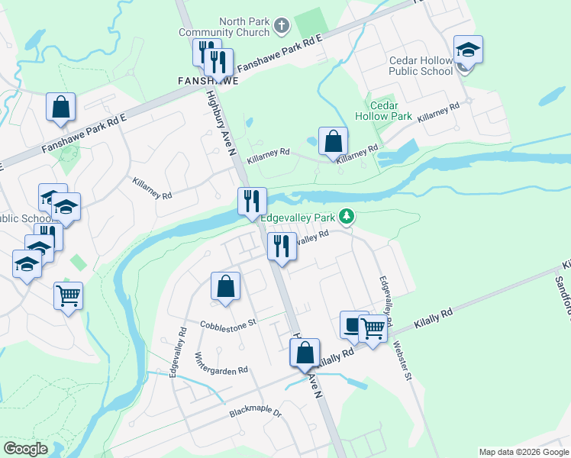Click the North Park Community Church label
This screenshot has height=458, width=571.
[x=224, y=27]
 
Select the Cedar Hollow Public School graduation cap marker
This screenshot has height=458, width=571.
[x=467, y=51]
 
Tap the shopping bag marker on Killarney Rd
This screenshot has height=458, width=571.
[x=333, y=141]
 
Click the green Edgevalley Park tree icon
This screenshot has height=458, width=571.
[x=347, y=218]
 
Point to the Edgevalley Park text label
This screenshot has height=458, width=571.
[x=298, y=218]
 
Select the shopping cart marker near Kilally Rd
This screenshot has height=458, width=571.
[x=373, y=329]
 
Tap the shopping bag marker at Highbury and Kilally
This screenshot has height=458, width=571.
[x=305, y=353]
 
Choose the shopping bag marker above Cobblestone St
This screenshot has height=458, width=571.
[x=225, y=287]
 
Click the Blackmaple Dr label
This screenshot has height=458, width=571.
[x=256, y=414]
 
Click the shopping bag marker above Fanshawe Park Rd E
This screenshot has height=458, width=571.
[x=60, y=108]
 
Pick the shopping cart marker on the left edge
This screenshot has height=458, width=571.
[x=68, y=295]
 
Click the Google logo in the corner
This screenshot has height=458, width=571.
[x=25, y=448]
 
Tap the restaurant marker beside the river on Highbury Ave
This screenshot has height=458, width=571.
[x=252, y=202]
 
